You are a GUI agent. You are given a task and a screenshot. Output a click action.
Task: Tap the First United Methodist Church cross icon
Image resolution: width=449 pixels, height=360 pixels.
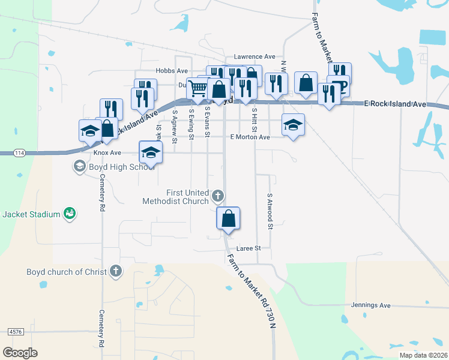tap(218, 195)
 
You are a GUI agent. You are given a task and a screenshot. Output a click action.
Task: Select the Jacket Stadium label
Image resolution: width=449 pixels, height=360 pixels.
tap(31, 214)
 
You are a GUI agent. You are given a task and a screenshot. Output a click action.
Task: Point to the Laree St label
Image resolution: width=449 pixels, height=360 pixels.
tap(249, 248)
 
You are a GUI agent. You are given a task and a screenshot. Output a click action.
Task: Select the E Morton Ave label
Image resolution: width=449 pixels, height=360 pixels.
tap(250, 137)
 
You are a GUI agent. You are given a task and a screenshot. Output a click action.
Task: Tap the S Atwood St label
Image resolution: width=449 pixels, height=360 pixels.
tap(270, 211)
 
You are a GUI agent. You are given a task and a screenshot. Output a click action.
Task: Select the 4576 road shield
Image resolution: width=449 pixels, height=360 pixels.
tap(15, 331)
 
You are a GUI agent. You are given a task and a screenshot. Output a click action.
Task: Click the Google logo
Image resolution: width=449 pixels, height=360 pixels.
tap(20, 352)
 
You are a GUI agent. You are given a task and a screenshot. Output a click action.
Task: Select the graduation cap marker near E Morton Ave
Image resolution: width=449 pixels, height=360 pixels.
tap(293, 125)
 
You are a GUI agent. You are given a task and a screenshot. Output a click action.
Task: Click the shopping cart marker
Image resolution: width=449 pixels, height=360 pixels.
tap(198, 89)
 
